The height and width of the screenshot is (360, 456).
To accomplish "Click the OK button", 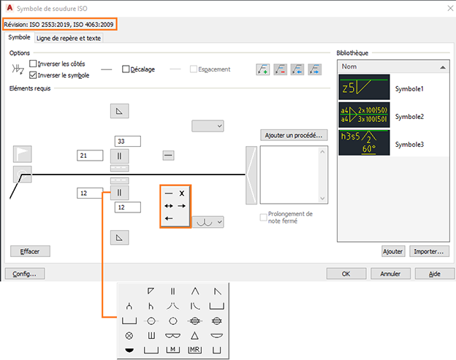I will click(x=346, y=274).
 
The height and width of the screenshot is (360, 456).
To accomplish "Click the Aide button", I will click(x=433, y=274).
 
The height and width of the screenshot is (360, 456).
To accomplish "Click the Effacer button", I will click(x=30, y=250).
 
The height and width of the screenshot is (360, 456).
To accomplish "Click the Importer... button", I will click(x=429, y=251).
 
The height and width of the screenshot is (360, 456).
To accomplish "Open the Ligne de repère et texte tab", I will click(x=69, y=38).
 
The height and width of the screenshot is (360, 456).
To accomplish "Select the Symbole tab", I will click(x=19, y=37).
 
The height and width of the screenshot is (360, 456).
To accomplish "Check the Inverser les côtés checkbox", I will click(x=33, y=64).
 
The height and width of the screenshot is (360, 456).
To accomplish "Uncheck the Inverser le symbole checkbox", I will click(x=33, y=74).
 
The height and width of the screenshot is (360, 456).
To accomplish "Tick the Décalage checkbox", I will click(x=126, y=69).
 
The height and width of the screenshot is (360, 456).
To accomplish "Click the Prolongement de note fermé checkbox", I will click(x=264, y=218).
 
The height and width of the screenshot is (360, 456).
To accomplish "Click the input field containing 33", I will click(x=127, y=141).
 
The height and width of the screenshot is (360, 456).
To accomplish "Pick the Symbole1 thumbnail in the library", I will click(x=364, y=88).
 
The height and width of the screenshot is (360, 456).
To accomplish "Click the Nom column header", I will click(x=392, y=66).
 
